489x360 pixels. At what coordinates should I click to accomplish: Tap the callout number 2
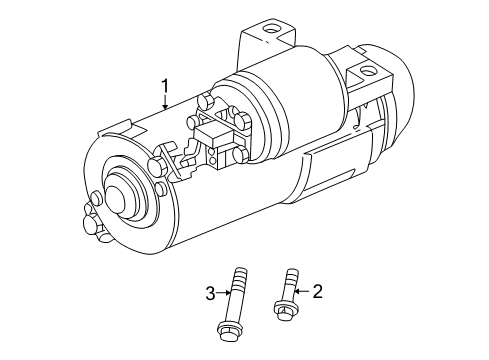click(x=317, y=292)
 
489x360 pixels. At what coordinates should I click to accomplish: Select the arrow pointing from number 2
click(x=302, y=292)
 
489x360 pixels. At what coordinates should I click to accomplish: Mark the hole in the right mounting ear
click(x=372, y=72)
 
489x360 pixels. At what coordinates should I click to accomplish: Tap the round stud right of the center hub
click(x=161, y=190)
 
